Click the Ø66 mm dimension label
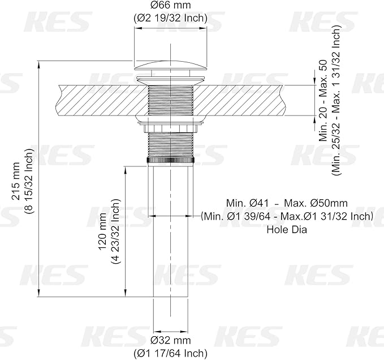(170, 5)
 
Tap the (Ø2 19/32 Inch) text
(170, 18)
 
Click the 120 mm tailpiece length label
(102, 232)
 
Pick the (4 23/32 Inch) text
(115, 231)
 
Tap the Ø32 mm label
(171, 340)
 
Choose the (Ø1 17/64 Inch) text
(170, 353)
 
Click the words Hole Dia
(287, 230)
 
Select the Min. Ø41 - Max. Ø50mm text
(287, 203)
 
